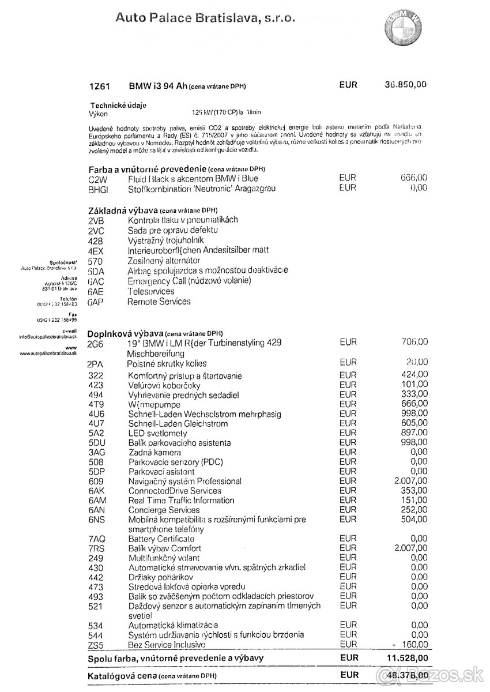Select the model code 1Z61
pyautogui.click(x=99, y=85)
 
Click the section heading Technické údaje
pyautogui.click(x=118, y=105)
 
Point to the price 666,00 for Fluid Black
pyautogui.click(x=414, y=178)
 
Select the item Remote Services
pyautogui.click(x=159, y=302)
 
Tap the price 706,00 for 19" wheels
pyautogui.click(x=414, y=342)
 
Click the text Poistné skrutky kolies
pyautogui.click(x=167, y=364)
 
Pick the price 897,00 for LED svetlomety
pyautogui.click(x=414, y=433)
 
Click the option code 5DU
pyautogui.click(x=97, y=443)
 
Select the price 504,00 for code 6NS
pyautogui.click(x=414, y=520)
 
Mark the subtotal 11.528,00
pyautogui.click(x=406, y=657)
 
